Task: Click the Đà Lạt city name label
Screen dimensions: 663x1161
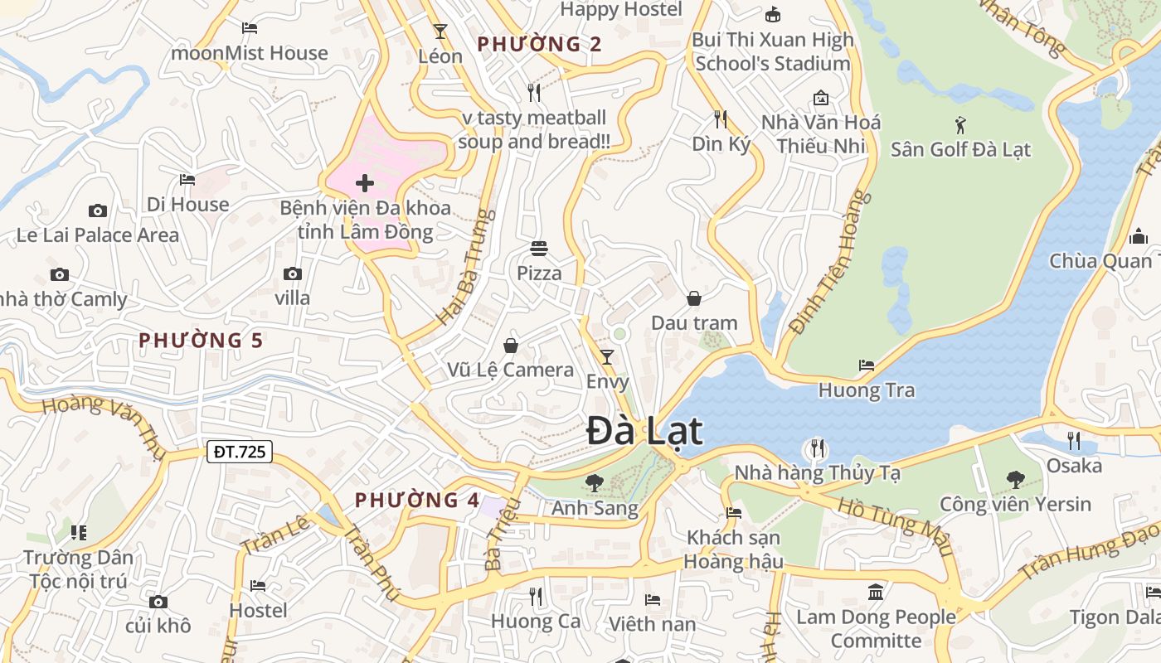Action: [644, 432]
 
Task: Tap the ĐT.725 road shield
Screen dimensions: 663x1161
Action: [239, 452]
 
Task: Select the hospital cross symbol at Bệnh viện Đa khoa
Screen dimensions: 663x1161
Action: [364, 183]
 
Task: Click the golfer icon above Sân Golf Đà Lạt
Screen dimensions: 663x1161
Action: [960, 125]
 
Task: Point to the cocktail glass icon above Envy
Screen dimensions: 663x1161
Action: [607, 357]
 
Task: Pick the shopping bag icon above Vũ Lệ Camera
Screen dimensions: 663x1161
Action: [510, 345]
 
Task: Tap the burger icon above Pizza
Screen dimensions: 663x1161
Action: [539, 248]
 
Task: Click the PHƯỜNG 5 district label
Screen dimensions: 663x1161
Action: [201, 341]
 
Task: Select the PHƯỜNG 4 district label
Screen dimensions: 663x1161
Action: [417, 501]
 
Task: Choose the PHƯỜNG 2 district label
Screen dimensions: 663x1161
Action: [539, 44]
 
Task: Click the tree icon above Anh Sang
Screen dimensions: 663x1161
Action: [594, 482]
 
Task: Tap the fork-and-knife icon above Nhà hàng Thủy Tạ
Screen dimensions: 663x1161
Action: [818, 448]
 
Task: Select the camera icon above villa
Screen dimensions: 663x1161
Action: [292, 273]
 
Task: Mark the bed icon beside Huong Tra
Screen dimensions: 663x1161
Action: [867, 365]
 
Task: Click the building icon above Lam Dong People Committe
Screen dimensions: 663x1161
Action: [876, 592]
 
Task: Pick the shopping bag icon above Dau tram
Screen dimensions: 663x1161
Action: [693, 298]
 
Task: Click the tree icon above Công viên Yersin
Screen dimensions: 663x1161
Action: [1015, 479]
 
